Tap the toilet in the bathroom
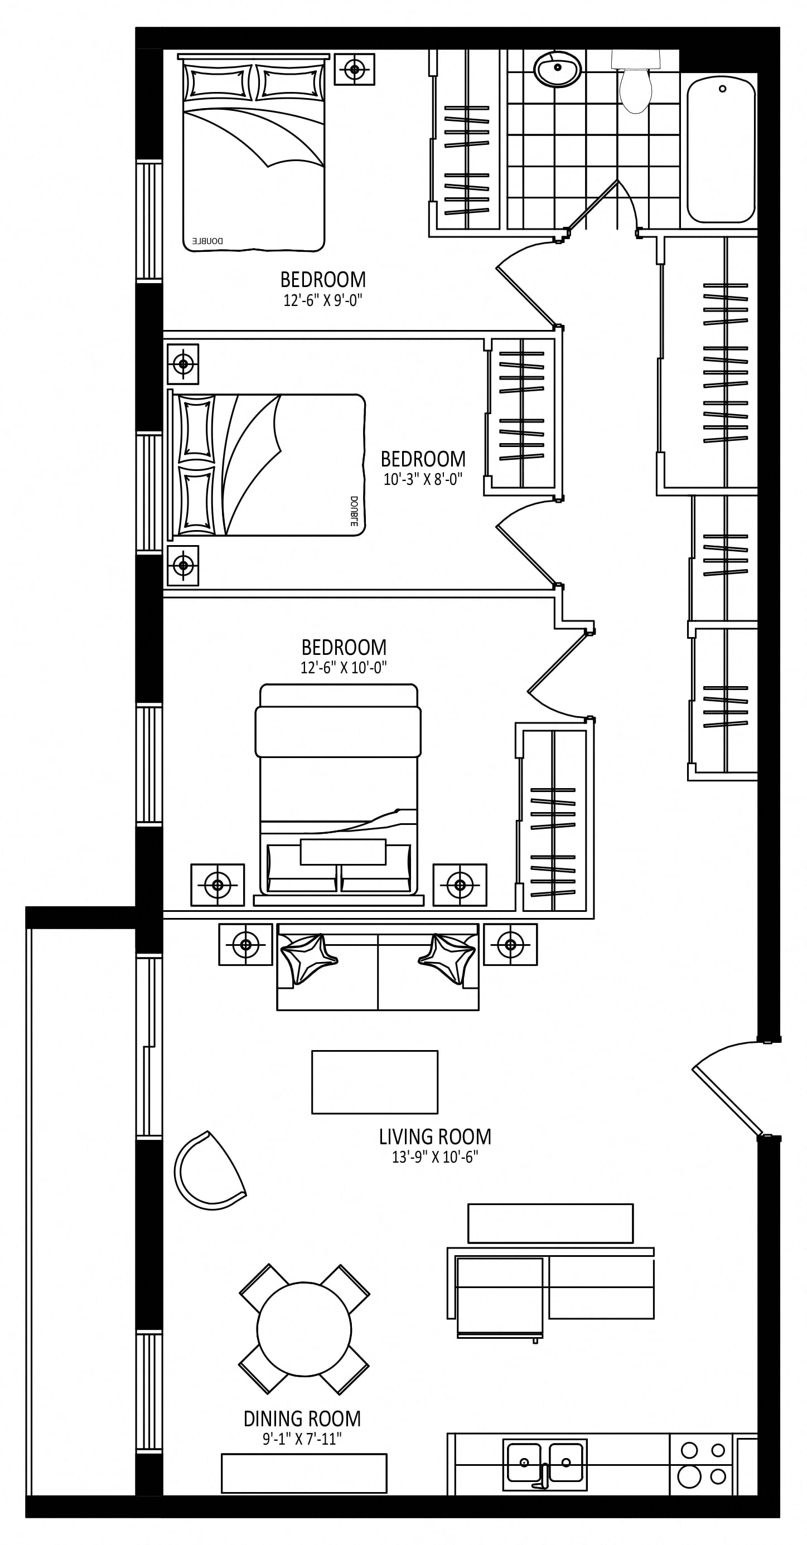[x=635, y=82]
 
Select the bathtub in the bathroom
[x=721, y=150]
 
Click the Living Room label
[x=435, y=1136]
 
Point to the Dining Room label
[x=302, y=1418]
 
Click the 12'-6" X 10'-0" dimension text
[x=344, y=668]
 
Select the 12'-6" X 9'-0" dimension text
[x=323, y=300]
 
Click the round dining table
[x=304, y=1330]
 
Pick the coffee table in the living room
[x=375, y=1082]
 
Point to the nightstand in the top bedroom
[x=355, y=69]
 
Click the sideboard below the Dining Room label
[x=304, y=1473]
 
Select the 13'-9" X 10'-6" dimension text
[x=435, y=1158]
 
